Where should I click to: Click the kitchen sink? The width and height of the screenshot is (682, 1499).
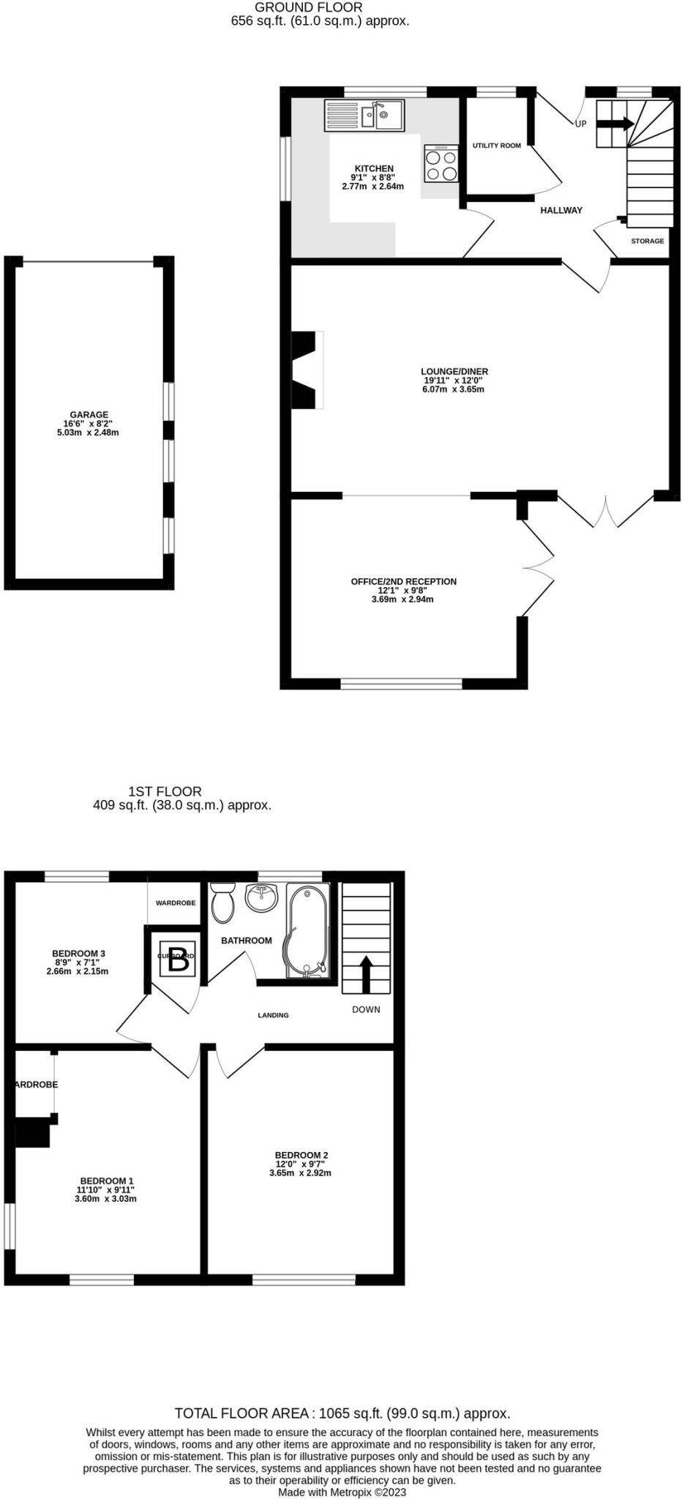364,116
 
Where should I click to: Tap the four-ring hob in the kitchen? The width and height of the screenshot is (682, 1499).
441,164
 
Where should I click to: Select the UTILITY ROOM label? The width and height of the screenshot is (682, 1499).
497,146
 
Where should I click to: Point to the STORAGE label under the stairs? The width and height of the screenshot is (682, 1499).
648,241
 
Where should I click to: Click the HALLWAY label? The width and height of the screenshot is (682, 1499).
561,210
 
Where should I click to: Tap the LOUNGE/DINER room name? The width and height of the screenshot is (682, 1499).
454,371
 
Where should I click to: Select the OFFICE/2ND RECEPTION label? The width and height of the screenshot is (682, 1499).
403,581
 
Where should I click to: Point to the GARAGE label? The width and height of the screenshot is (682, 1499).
89,414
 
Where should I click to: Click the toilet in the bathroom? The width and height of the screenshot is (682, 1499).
222,902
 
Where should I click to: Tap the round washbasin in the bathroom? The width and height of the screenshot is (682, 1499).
262,897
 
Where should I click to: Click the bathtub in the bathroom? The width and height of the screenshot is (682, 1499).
307,930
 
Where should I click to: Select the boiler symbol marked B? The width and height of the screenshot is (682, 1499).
179,959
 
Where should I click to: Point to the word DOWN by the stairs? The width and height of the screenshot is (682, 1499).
366,1009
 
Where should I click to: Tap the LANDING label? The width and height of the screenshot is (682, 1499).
273,1015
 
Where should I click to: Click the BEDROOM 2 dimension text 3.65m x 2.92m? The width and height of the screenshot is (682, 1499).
300,1173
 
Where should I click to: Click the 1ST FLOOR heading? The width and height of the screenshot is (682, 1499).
165,791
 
